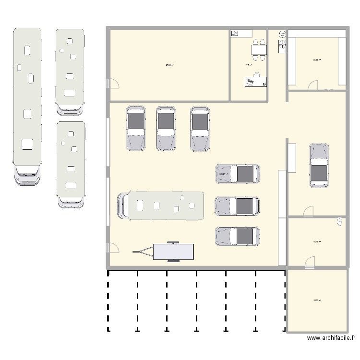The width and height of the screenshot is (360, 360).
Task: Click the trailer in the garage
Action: coord(173,251)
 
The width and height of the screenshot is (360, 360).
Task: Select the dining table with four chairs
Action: coord(259,50)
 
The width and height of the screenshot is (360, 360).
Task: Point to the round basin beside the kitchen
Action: coord(282,34)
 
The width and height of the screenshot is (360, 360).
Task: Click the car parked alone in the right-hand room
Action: coord(319,165)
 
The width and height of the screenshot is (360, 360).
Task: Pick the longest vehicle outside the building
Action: coord(27,106)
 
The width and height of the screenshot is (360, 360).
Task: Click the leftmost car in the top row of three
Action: coord(136,128)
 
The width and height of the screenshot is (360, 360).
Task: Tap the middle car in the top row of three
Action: coord(166,128)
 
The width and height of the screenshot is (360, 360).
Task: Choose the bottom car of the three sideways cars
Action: coord(238,237)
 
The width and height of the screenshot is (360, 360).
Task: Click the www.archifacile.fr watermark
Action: coord(331,338)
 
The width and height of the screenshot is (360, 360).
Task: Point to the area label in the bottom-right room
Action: coord(317,300)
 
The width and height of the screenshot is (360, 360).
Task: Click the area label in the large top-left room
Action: coord(169,65)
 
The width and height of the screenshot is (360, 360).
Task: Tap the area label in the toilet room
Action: coord(317,242)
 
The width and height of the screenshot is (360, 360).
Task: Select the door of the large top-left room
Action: coord(113,84)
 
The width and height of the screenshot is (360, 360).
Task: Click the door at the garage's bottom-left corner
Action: coord(113,248)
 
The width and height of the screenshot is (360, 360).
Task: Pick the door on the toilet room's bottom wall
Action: coord(310,262)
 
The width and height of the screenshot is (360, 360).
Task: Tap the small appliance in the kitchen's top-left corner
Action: coord(235,33)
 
